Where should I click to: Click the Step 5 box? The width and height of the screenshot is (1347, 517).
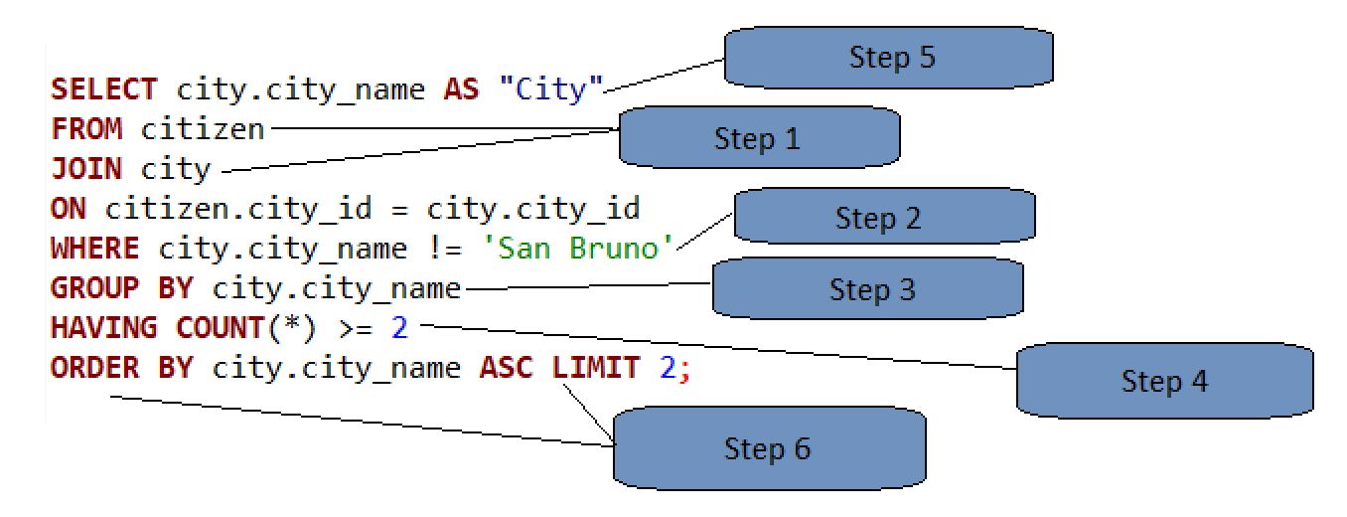889,58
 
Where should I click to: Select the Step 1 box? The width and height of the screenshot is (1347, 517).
760,137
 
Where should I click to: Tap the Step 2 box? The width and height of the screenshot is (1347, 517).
884,216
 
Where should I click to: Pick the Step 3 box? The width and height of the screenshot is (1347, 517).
868,288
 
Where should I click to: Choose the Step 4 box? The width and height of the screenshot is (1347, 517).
1165,381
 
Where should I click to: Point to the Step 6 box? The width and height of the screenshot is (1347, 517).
769,448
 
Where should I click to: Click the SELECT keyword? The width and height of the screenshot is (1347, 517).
104,89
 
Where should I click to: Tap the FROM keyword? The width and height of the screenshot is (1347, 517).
86,129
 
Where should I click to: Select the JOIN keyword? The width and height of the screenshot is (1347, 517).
86,168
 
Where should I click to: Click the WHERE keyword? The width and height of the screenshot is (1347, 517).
95,248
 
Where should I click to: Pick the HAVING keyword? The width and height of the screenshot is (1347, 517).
104,328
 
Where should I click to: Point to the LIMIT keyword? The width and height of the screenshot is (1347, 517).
596,367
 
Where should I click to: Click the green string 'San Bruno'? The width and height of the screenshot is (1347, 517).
578,248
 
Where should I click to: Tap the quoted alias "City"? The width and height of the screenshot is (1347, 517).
551,89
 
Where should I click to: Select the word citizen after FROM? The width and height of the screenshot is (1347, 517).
203,129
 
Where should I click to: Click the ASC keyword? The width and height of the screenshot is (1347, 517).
507,368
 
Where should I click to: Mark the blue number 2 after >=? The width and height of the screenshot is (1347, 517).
399,328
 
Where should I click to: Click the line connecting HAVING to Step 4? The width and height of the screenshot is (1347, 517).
718,347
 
